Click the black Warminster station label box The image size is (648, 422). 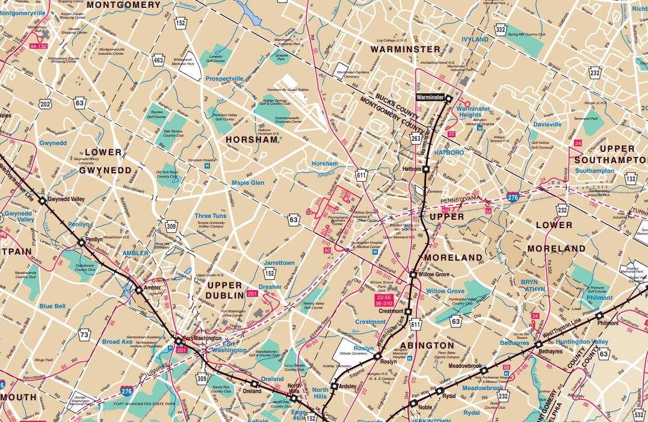pyautogui.click(x=430, y=97)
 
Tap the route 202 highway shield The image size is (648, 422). pyautogui.click(x=46, y=104)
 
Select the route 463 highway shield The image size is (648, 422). pyautogui.click(x=158, y=60)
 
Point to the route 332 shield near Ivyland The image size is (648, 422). pyautogui.click(x=500, y=29)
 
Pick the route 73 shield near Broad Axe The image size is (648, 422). pyautogui.click(x=85, y=335)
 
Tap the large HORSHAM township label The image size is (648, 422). pyautogui.click(x=251, y=140)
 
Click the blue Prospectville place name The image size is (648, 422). pyautogui.click(x=224, y=79)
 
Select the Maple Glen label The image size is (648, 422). pyautogui.click(x=248, y=183)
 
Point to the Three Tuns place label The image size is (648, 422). pyautogui.click(x=211, y=216)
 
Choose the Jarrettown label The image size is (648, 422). pyautogui.click(x=279, y=263)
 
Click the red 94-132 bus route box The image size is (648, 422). pyautogui.click(x=39, y=46)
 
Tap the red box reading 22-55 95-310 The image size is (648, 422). pyautogui.click(x=384, y=300)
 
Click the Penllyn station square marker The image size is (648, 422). pyautogui.click(x=81, y=242)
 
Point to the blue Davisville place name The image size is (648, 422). pyautogui.click(x=547, y=125)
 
